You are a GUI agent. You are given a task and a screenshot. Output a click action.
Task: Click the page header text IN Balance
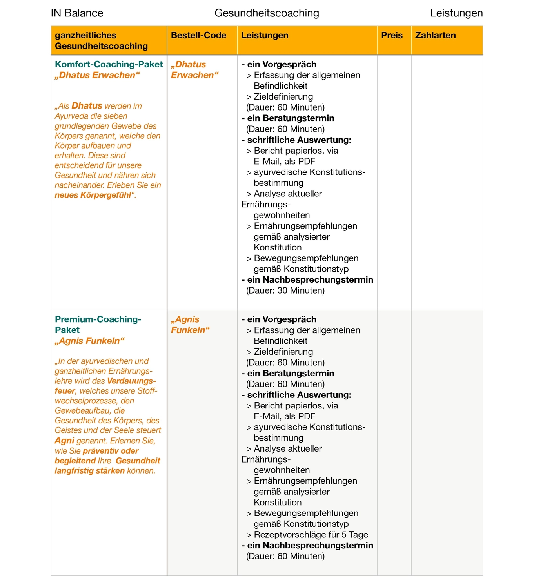pyautogui.click(x=77, y=13)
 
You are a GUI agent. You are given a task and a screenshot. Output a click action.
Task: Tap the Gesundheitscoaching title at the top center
pyautogui.click(x=267, y=13)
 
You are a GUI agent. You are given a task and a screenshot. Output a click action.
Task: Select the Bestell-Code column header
pyautogui.click(x=198, y=35)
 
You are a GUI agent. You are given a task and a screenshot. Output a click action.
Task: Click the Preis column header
pyautogui.click(x=392, y=35)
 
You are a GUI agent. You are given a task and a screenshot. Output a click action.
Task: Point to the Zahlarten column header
pyautogui.click(x=435, y=35)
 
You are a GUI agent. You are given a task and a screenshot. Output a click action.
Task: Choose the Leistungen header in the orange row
pyautogui.click(x=265, y=35)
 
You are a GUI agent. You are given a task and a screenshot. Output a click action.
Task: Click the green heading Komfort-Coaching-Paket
pyautogui.click(x=109, y=64)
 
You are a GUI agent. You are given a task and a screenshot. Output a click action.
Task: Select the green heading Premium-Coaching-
pyautogui.click(x=98, y=319)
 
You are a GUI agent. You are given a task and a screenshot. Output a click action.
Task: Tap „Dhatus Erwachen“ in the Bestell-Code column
pyautogui.click(x=194, y=70)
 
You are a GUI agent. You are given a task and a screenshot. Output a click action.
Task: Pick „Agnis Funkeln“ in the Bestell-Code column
pyautogui.click(x=190, y=325)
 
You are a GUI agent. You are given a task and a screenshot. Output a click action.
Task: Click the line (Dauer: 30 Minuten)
pyautogui.click(x=285, y=290)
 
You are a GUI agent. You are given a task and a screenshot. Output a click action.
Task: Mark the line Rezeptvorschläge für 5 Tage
pyautogui.click(x=311, y=535)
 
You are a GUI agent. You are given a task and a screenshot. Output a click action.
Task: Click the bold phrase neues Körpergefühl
pyautogui.click(x=93, y=195)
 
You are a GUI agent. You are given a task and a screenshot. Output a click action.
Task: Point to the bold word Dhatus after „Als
pyautogui.click(x=87, y=106)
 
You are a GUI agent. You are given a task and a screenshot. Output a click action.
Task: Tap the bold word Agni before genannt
pyautogui.click(x=64, y=441)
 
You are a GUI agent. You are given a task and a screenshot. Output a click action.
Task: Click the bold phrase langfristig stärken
pyautogui.click(x=90, y=470)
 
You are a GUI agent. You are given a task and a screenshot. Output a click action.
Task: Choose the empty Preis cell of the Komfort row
pyautogui.click(x=394, y=182)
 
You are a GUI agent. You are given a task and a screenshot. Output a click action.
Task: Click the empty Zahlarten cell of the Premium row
pyautogui.click(x=447, y=443)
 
